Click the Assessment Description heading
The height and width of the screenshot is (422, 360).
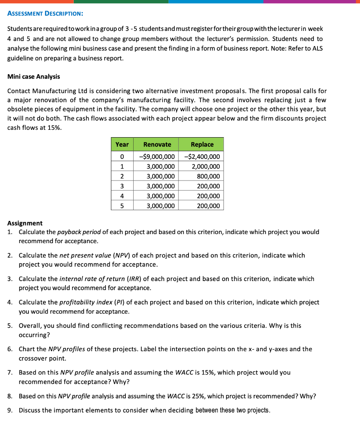45,13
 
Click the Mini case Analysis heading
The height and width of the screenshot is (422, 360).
33,77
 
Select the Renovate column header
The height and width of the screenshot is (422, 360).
157,144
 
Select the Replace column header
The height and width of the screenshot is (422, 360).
202,144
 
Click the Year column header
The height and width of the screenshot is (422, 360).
122,144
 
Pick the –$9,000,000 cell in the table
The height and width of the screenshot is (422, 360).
157,157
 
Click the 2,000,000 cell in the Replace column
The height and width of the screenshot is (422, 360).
206,166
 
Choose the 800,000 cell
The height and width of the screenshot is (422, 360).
209,176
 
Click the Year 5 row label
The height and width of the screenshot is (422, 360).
122,206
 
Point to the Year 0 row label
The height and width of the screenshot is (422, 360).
122,157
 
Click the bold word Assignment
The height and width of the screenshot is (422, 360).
25,223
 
